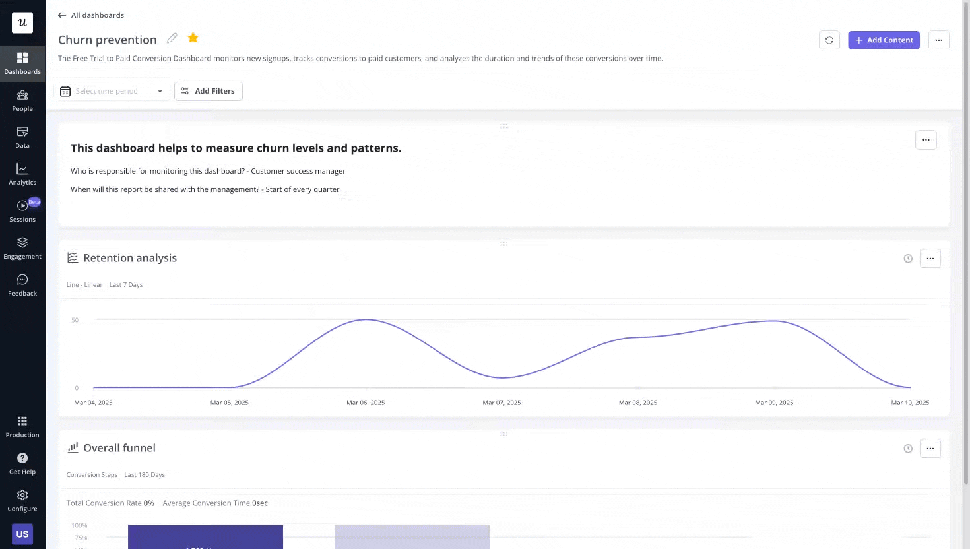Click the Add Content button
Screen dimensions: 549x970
tap(884, 40)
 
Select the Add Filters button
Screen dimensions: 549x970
tap(209, 91)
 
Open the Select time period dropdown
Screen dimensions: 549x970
tap(112, 91)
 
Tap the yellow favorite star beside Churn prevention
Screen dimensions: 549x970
tap(193, 38)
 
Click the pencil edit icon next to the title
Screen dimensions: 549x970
tap(172, 38)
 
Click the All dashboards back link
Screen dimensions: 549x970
tap(91, 15)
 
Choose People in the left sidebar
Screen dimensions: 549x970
tap(22, 100)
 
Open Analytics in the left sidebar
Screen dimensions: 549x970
tap(22, 174)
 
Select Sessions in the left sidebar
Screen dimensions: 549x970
tap(22, 211)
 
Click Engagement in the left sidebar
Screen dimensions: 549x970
tap(22, 248)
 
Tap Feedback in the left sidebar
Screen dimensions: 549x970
tap(22, 285)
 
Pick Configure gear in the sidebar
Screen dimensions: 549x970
tap(22, 500)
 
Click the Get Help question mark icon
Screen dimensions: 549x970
tap(22, 459)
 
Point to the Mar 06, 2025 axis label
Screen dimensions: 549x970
tap(366, 403)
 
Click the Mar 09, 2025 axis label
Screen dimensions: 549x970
tap(774, 403)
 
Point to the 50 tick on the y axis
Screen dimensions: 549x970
tap(75, 320)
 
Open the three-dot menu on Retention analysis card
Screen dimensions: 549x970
tap(930, 259)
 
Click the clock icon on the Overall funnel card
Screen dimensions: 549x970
tap(908, 449)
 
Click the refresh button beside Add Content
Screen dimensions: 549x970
tap(829, 40)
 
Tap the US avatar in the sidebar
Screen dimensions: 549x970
tap(22, 534)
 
